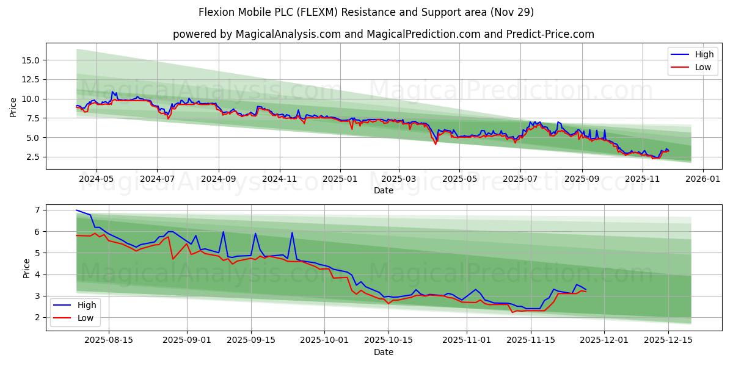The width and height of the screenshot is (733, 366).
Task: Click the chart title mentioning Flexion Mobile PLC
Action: pos(366,12)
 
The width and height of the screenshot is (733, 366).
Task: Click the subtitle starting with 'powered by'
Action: pos(383,34)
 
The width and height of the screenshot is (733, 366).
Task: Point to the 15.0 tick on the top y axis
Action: pos(31,60)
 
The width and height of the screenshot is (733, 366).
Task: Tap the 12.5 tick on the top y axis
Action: pos(31,79)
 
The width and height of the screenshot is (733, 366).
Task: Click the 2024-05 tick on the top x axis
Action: pos(97,179)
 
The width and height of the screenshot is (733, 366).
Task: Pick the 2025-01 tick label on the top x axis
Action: pos(340,179)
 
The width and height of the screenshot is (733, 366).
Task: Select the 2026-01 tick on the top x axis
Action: pos(703,179)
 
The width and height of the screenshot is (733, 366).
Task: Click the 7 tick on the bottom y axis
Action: pos(37,210)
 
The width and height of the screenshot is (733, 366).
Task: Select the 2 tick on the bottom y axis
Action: pos(37,317)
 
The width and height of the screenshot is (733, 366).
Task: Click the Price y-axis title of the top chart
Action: pos(13,107)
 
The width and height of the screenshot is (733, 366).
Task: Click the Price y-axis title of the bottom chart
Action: pos(27,268)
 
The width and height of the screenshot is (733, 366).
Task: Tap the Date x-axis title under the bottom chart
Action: pos(383,352)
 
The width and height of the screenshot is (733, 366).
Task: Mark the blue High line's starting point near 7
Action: pos(76,210)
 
